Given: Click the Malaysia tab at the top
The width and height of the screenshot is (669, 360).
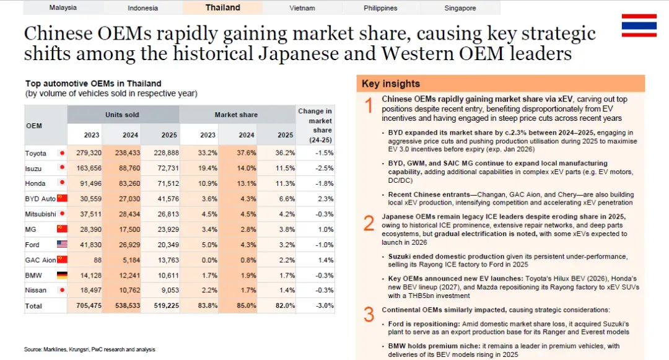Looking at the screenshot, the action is (63, 7).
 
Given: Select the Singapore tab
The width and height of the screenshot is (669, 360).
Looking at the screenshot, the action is (460, 7).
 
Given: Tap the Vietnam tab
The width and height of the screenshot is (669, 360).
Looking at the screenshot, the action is (302, 7).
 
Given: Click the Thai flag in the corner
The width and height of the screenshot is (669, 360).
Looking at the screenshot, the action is (639, 25).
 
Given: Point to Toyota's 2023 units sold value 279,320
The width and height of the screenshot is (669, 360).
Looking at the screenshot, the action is (89, 152).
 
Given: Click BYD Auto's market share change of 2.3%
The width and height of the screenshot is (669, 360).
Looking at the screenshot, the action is (326, 199).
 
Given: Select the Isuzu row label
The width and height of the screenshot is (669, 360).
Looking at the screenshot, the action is (33, 169).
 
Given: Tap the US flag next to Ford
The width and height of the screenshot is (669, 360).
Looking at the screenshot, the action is (62, 244).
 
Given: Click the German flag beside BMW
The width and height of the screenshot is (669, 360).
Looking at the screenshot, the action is (62, 275).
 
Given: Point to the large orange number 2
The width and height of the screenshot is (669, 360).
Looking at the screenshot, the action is (369, 224).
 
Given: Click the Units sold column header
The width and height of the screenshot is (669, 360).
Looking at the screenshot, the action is (123, 115).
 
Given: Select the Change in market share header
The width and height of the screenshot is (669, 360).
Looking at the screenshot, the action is (315, 125).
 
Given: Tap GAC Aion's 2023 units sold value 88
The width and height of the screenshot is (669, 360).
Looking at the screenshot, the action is (97, 260).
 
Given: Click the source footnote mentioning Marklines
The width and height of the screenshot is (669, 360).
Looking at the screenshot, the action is (90, 349).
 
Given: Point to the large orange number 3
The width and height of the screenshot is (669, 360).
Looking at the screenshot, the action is (369, 315).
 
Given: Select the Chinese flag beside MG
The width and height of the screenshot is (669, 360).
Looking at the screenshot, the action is (62, 229).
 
